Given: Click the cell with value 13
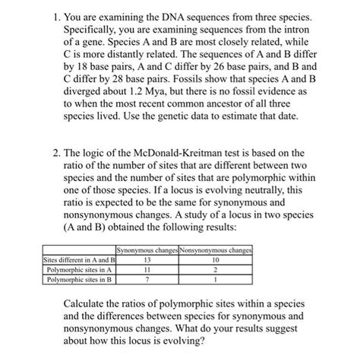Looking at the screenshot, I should pyautogui.click(x=147, y=259).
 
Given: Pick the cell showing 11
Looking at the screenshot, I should pyautogui.click(x=147, y=269).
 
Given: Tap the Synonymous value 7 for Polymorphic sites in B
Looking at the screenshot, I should pyautogui.click(x=147, y=279).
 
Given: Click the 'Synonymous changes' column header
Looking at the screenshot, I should pyautogui.click(x=147, y=250).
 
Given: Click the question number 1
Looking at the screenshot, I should pyautogui.click(x=47, y=16).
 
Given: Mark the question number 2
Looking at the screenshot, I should pyautogui.click(x=47, y=152).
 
